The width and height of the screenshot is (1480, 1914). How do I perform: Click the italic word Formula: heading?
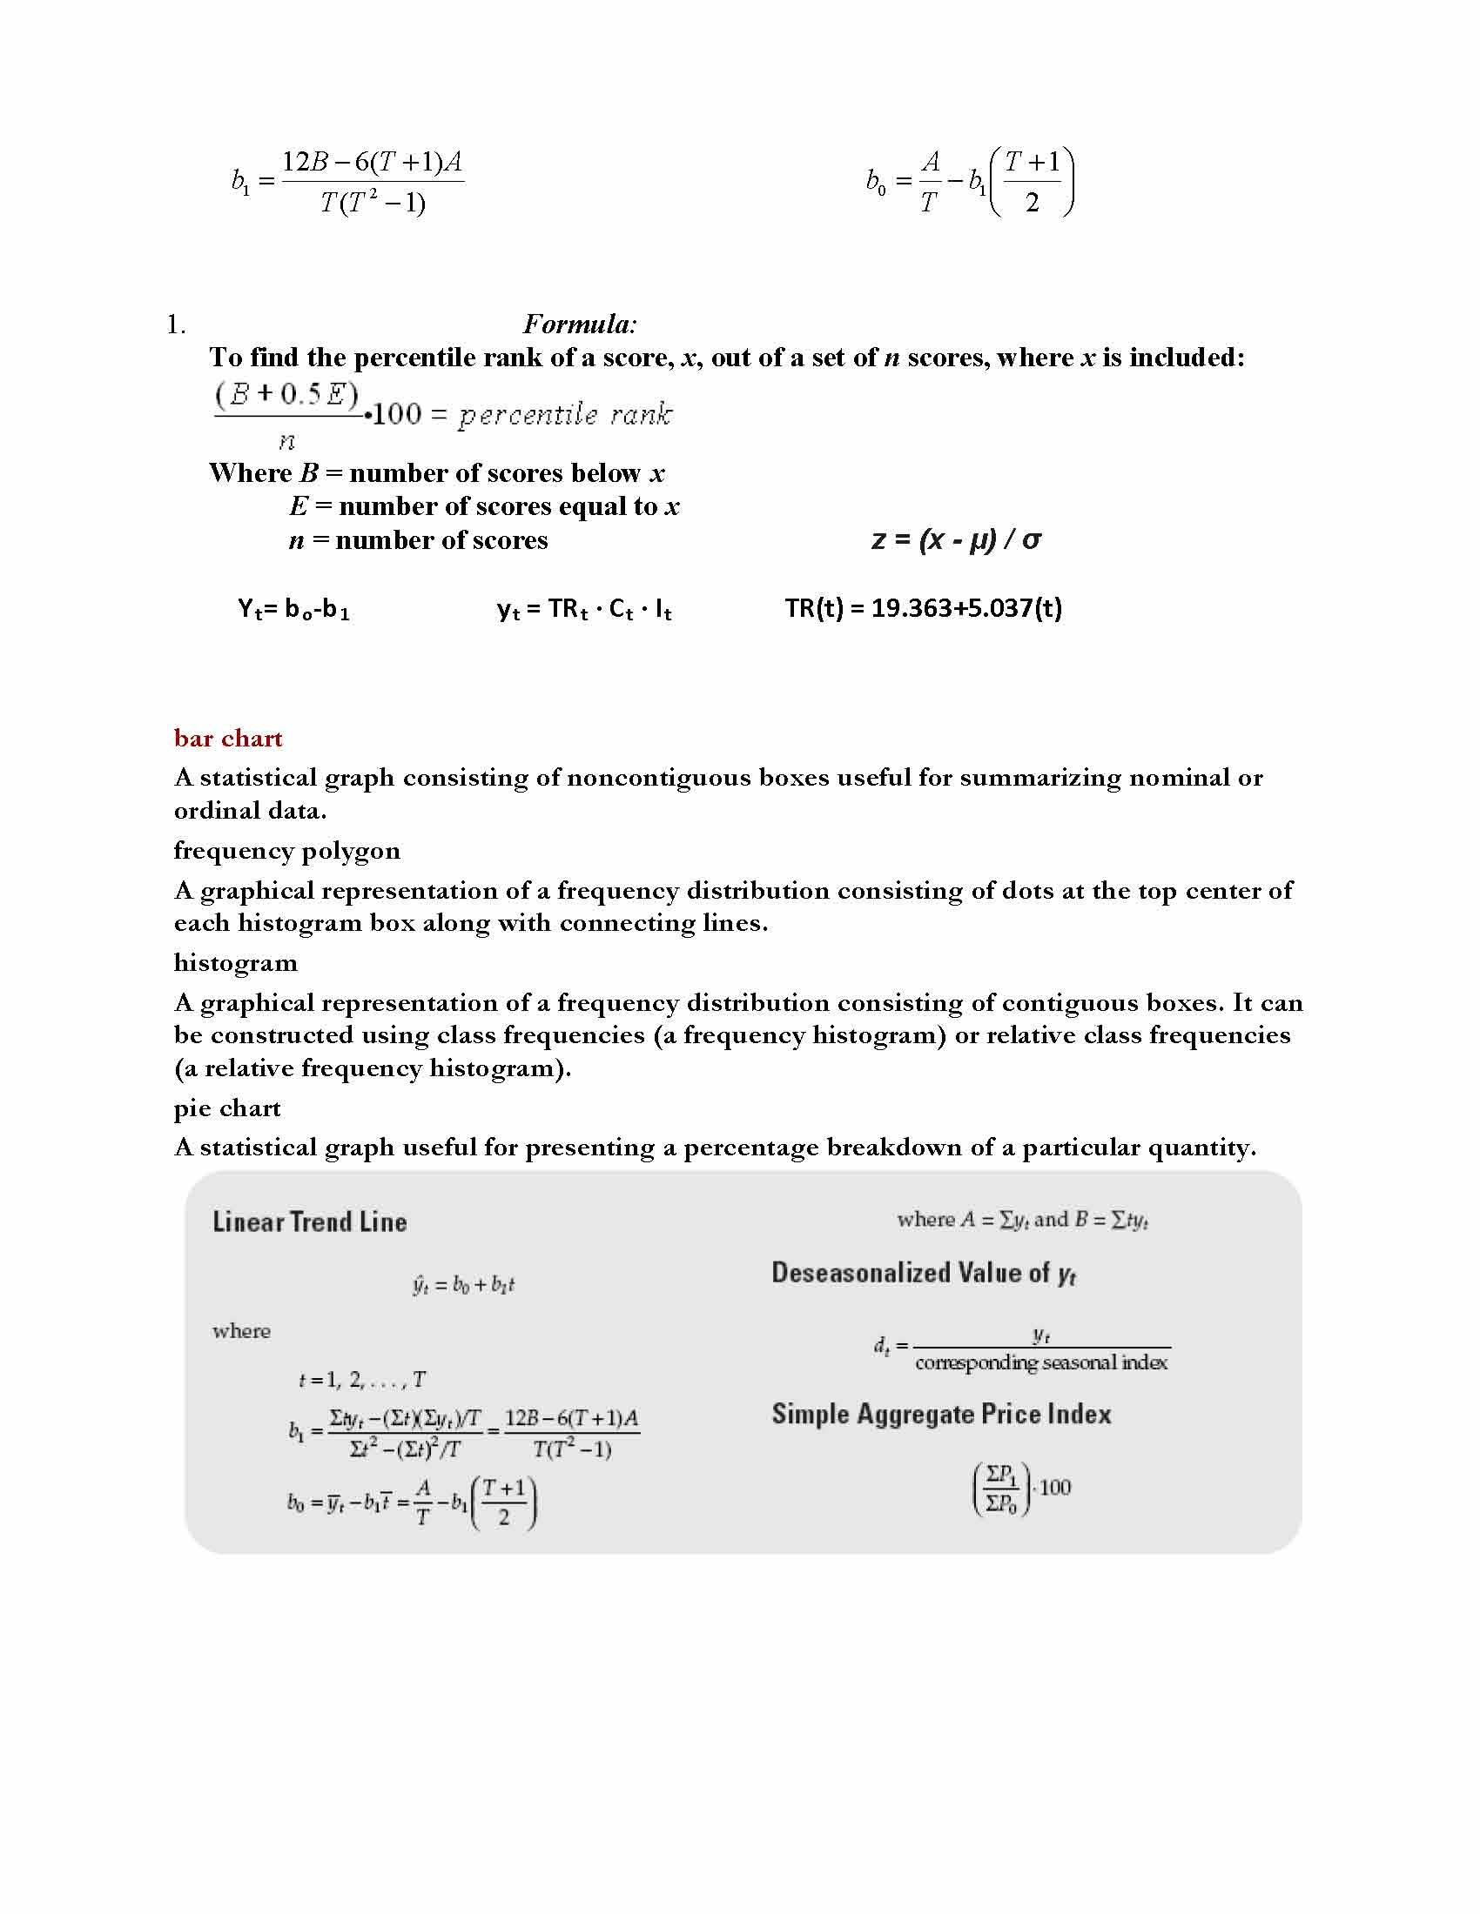coord(580,325)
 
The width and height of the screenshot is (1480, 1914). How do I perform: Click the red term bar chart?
coord(228,739)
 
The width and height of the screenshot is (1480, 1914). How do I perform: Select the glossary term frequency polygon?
coord(286,851)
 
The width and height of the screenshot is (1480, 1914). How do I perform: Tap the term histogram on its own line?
coord(235,963)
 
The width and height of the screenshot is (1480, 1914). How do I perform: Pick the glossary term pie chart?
coord(227,1108)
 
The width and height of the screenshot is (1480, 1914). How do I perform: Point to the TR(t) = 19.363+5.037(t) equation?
coord(923,608)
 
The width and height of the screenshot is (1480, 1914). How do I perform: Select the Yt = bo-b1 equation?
coord(293,609)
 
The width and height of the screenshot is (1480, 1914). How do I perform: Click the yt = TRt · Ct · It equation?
coord(584,609)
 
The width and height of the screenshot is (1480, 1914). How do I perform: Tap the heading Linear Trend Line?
coord(310,1222)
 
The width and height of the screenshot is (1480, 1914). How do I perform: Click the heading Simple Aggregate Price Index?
coord(941,1415)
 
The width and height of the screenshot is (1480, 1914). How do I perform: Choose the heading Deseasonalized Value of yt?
coord(923,1274)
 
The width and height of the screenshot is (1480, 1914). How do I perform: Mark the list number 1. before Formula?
coord(175,325)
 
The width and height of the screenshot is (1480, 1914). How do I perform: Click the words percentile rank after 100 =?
coord(566,415)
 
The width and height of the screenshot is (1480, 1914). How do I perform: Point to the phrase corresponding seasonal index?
coord(1040,1362)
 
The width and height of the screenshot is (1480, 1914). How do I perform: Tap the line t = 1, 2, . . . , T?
coord(362,1381)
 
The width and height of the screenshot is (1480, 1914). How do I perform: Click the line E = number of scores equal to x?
coord(484,507)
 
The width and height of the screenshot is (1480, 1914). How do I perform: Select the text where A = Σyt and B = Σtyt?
coord(1022,1220)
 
